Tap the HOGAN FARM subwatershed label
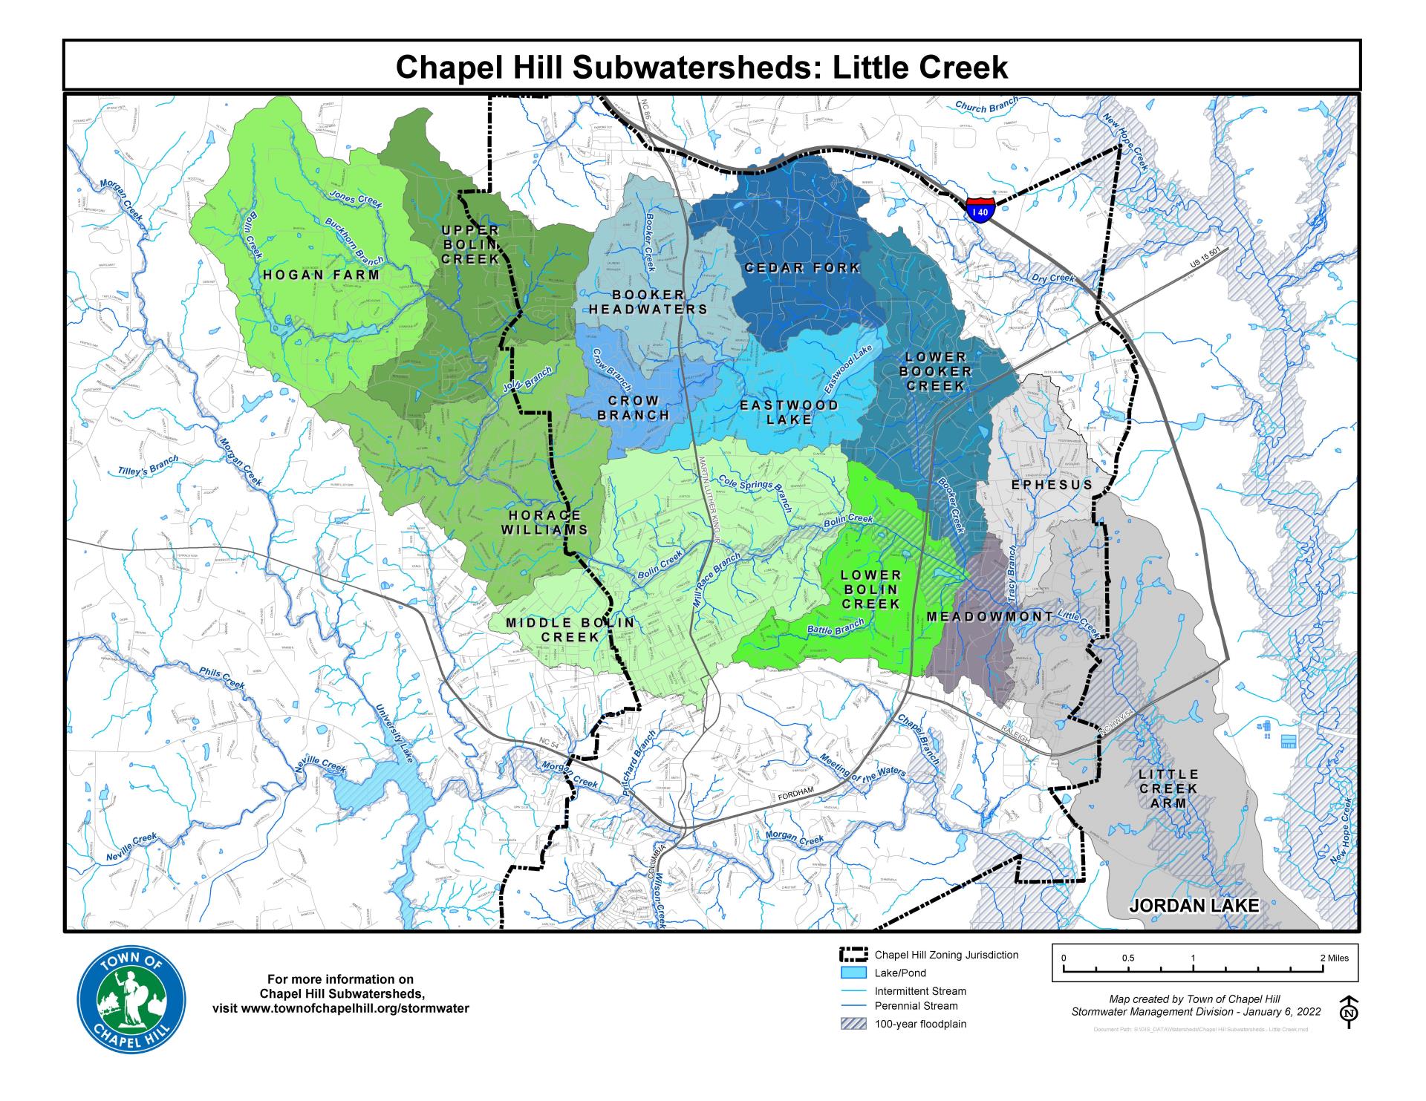tap(321, 275)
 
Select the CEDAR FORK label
tap(802, 267)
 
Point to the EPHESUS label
tap(1052, 485)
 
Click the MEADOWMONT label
tap(990, 616)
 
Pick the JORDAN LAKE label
tap(1194, 906)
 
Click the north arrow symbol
tap(1350, 1012)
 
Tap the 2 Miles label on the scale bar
tap(1334, 958)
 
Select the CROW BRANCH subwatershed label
tap(634, 408)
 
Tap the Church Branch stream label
tap(986, 106)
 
